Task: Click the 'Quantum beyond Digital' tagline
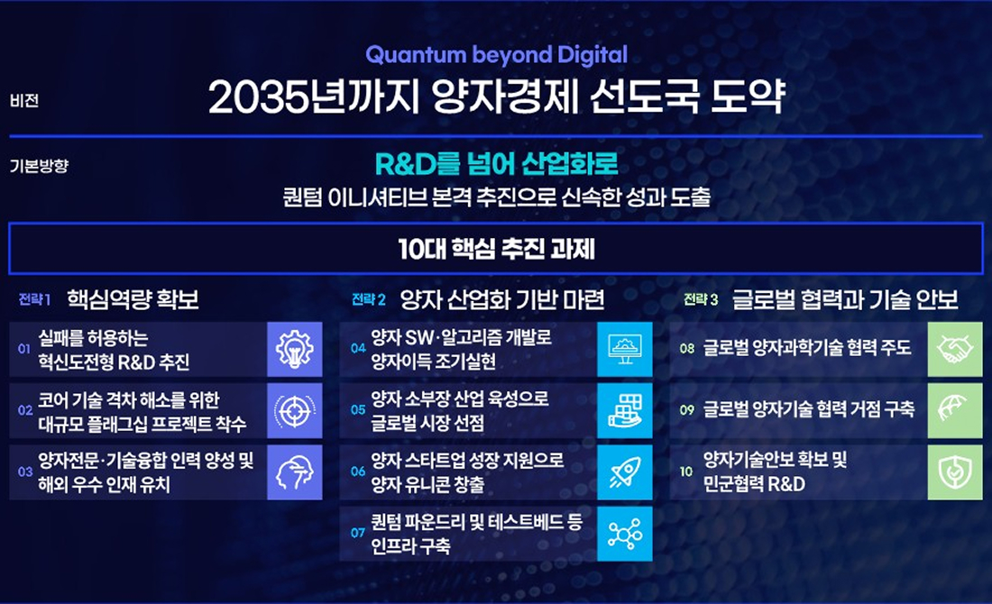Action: (x=496, y=55)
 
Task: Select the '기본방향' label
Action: (x=39, y=166)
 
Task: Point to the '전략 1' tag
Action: (x=35, y=299)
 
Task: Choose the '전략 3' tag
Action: (x=701, y=299)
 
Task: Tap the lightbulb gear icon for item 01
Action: (x=294, y=349)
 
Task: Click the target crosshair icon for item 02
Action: (x=294, y=410)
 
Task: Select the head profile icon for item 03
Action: (x=294, y=471)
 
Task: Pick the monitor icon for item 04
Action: (x=624, y=349)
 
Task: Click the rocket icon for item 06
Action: (x=624, y=471)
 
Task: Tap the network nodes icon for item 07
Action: (x=624, y=533)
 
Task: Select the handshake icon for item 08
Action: (x=955, y=349)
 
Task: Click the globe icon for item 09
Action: (x=955, y=410)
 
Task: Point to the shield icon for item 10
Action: (x=955, y=471)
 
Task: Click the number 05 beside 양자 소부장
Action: (x=358, y=409)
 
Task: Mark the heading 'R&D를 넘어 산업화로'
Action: (x=496, y=165)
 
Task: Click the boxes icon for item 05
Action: (x=624, y=410)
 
